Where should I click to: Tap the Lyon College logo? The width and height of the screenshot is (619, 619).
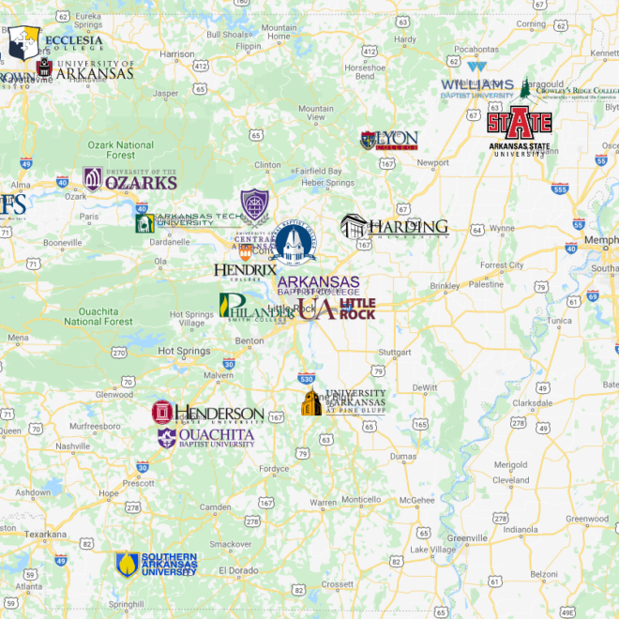pos(388,141)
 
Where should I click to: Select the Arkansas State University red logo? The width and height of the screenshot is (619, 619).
pos(518,128)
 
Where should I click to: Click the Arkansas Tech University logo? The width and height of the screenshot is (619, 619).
pos(188,221)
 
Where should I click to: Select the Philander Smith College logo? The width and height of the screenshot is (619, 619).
pos(255,306)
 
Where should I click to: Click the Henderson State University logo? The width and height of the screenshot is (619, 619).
pos(208,413)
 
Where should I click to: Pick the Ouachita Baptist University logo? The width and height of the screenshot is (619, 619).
pos(205,438)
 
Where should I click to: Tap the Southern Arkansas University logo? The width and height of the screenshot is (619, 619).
pos(156,564)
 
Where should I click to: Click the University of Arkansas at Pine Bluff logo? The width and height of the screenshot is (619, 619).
pos(342,401)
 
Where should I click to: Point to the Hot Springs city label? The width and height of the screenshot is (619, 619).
pos(178,351)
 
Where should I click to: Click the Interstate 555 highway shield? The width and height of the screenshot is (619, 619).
pos(560,189)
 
